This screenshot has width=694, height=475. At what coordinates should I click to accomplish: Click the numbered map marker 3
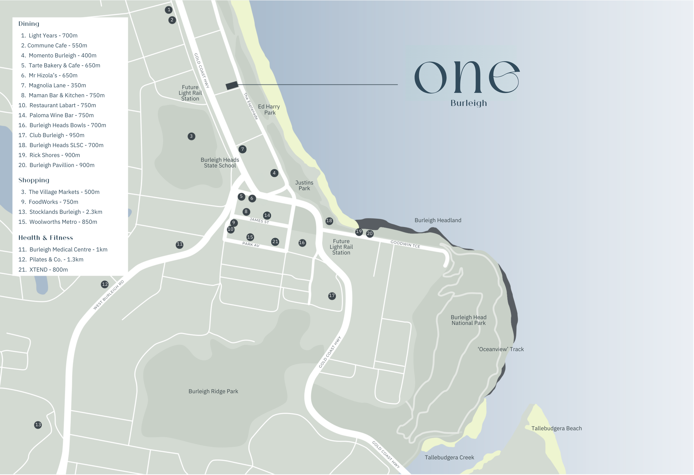(x=191, y=136)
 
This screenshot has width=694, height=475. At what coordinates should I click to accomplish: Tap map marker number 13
(x=38, y=425)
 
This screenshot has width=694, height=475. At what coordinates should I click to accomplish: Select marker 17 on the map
(x=332, y=296)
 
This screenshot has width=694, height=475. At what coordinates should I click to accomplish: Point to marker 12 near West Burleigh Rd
(x=105, y=284)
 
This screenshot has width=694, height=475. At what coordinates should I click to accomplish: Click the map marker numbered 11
(x=179, y=244)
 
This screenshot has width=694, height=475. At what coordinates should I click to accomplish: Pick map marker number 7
(x=242, y=149)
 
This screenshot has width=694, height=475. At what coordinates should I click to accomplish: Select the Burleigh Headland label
(x=438, y=220)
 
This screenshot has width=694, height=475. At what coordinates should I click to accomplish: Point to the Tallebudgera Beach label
(x=556, y=428)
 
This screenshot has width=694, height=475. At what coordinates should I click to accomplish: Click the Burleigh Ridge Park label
(x=213, y=391)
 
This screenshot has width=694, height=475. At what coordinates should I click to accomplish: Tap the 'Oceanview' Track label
(x=501, y=349)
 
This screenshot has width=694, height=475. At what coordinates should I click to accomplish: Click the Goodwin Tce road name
(x=405, y=244)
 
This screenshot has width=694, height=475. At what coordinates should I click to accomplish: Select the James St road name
(x=259, y=221)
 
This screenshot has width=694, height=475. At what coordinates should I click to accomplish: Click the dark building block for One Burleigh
(x=232, y=85)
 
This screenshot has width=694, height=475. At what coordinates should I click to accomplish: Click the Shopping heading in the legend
(x=34, y=180)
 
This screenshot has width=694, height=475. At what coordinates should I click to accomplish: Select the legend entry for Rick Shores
(x=49, y=155)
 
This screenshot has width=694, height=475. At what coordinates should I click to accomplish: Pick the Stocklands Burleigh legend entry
(x=60, y=212)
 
